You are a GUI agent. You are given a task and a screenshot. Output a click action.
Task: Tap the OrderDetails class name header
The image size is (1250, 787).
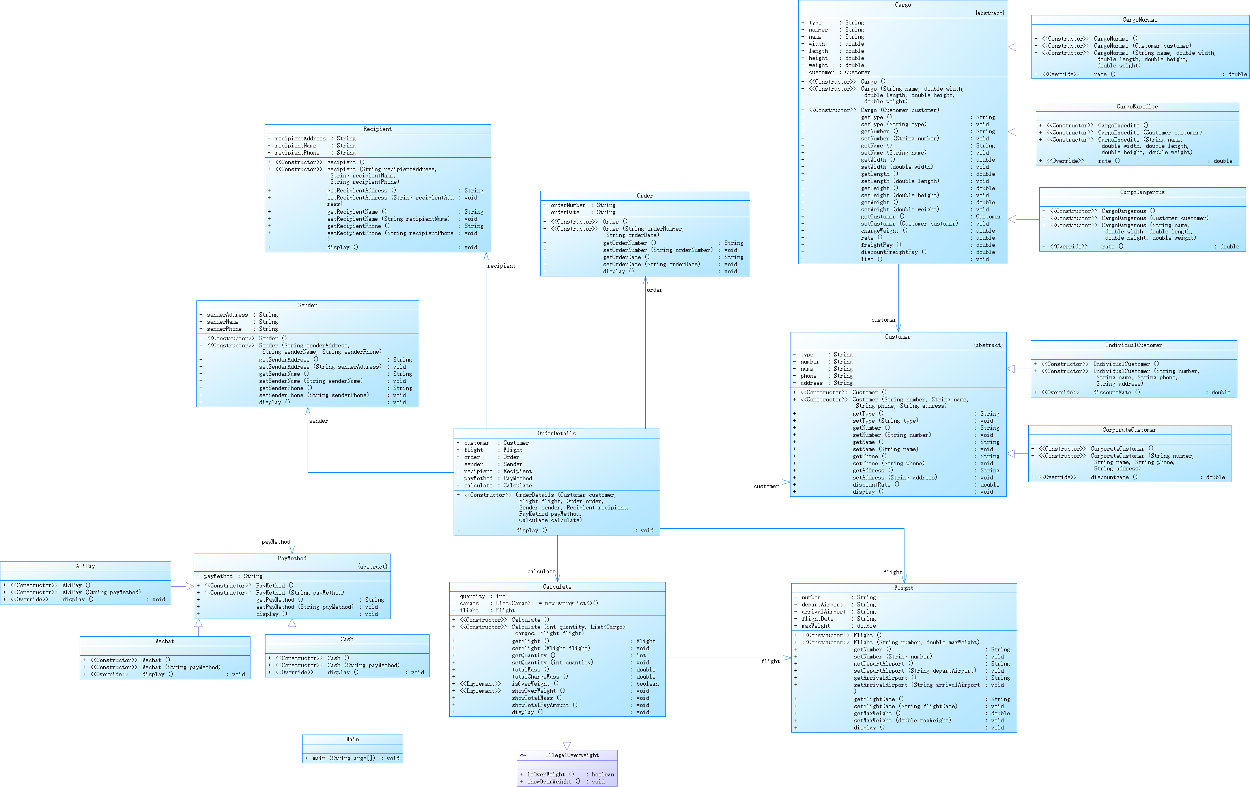point(557,434)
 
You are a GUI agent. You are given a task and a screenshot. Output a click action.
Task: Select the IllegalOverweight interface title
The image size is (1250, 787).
point(572,755)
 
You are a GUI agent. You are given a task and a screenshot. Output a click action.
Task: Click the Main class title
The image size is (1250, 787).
point(353,740)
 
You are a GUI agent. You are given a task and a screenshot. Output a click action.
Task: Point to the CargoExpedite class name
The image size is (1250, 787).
point(1137,107)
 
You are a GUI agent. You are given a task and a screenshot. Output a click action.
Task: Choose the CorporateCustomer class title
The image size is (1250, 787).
point(1129,430)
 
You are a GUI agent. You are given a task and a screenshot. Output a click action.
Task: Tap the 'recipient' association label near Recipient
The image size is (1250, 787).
point(501,266)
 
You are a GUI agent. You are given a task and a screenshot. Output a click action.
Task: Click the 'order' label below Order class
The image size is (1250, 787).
point(655,291)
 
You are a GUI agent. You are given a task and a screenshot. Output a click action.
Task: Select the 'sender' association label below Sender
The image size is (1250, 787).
point(318,421)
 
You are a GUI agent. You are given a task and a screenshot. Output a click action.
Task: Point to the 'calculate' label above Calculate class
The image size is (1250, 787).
point(541,572)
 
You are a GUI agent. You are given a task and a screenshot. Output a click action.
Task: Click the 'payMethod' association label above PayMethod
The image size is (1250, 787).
point(276,542)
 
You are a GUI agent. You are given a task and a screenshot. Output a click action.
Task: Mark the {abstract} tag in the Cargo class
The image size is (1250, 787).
point(989,13)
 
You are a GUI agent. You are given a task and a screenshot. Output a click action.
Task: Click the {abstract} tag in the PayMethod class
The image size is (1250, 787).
point(372,567)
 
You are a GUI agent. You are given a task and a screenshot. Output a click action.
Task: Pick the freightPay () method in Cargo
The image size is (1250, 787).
point(881,245)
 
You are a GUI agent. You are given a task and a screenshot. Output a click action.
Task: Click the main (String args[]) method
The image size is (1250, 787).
point(344,759)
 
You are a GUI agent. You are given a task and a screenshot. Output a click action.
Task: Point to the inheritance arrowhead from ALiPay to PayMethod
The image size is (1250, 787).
point(189,587)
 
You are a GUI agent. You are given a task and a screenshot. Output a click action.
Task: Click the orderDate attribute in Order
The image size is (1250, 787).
point(565,213)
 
